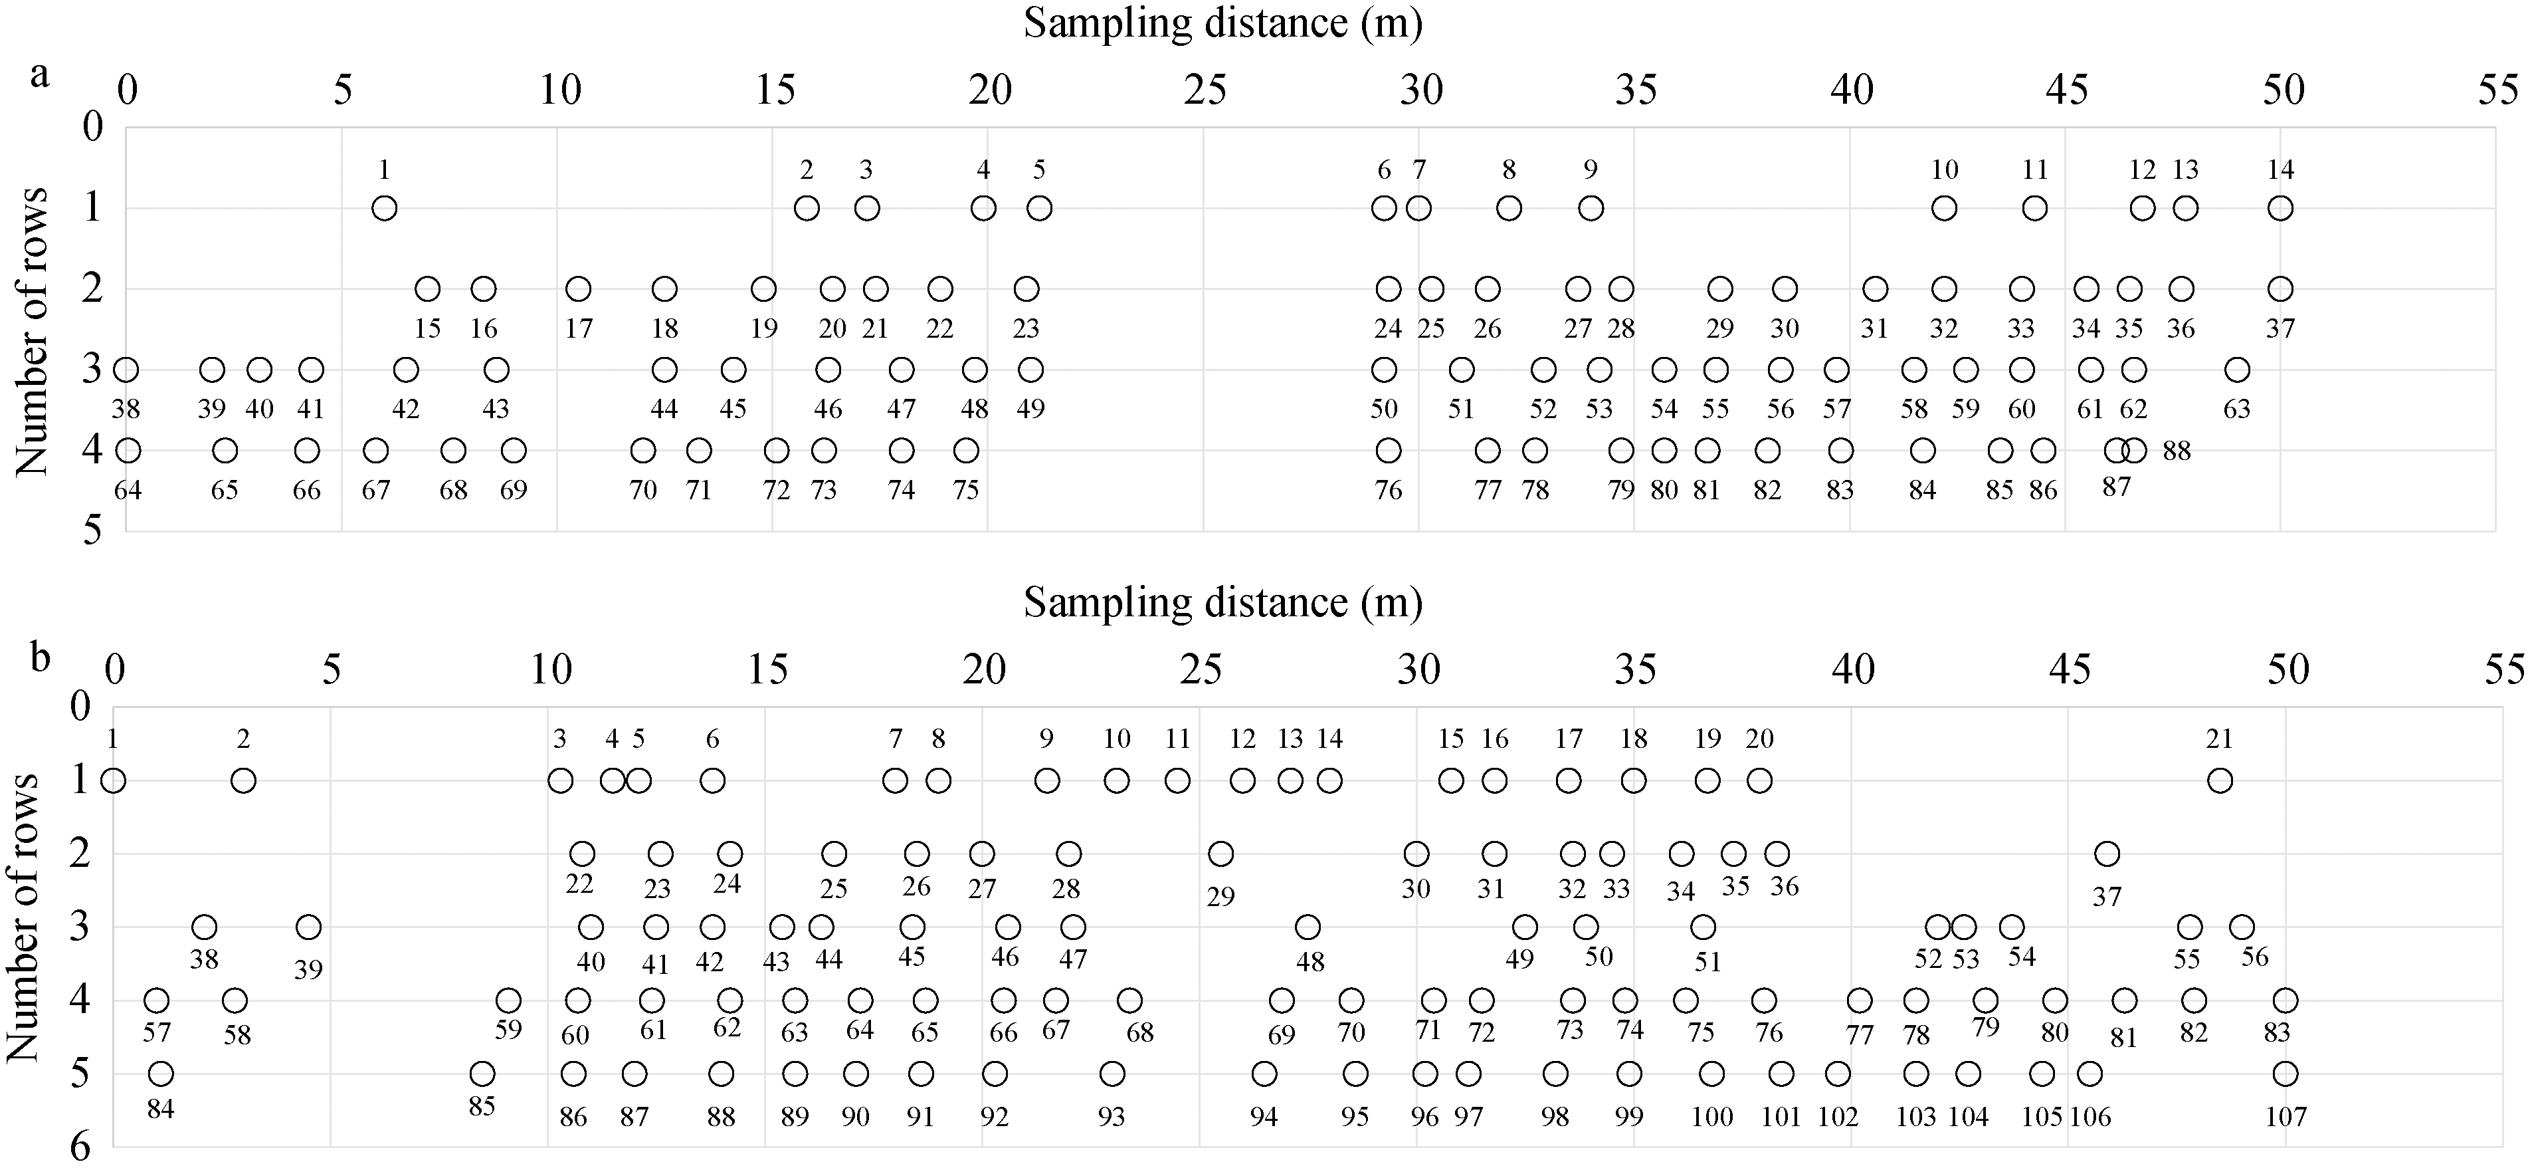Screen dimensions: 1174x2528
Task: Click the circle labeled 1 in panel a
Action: point(385,208)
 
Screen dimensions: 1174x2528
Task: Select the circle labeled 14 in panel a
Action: point(2281,208)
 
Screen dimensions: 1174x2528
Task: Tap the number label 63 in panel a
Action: point(2236,408)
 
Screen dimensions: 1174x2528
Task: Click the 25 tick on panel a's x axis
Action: point(1205,91)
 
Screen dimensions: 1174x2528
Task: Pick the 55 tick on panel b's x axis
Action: point(2503,671)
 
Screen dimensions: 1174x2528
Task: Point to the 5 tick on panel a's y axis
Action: point(92,531)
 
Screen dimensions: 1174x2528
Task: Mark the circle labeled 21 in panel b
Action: point(2220,781)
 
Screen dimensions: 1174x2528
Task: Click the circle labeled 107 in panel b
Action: point(2285,1074)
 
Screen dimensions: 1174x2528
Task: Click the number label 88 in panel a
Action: point(2177,451)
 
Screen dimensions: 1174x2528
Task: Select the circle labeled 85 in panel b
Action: point(482,1074)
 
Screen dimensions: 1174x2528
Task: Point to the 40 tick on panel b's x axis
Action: point(1853,671)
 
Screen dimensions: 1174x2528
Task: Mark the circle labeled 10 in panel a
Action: point(1944,208)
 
